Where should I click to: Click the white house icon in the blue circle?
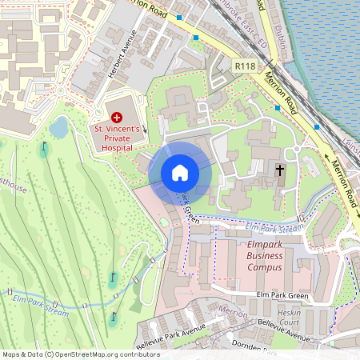[180, 173]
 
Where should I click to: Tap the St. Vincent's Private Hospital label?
[118, 137]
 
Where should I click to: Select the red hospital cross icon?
[118, 117]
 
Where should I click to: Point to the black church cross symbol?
[280, 170]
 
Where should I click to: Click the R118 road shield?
[245, 63]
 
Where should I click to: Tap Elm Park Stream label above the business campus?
[274, 228]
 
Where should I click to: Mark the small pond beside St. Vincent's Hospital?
[58, 126]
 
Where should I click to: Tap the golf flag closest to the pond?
[44, 148]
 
